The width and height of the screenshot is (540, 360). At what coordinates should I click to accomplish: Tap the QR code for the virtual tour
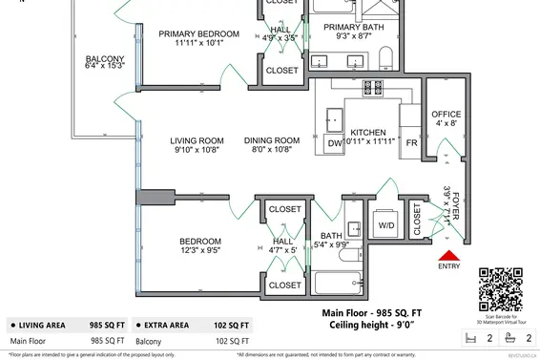coord(501,288)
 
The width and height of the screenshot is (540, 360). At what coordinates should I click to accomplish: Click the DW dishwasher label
coord(335,144)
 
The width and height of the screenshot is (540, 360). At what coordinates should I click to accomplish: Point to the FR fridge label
coord(411,143)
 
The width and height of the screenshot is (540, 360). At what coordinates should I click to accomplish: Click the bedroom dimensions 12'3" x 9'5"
coord(200,252)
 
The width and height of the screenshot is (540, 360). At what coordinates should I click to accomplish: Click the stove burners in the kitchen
coord(372,89)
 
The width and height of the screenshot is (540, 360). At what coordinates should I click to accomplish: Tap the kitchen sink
coord(337,116)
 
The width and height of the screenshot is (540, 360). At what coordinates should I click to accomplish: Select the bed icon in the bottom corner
coord(468,337)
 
